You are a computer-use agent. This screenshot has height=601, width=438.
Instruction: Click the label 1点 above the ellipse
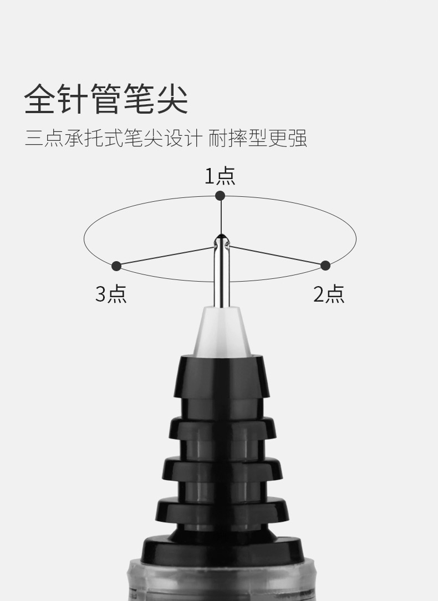pos(220,176)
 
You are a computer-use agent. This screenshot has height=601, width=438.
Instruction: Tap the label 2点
pos(329,294)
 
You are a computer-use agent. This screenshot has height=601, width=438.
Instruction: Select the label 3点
pos(111,294)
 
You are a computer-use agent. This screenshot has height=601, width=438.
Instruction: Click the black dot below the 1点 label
pos(220,195)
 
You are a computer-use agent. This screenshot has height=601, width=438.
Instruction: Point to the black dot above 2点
pos(325,266)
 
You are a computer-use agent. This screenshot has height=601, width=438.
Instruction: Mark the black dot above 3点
pos(116,266)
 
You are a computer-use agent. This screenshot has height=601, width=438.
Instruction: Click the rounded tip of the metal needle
pos(221,240)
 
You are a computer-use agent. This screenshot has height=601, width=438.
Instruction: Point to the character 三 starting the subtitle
pos(33,138)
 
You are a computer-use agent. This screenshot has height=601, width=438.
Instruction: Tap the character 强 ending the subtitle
pos(297,138)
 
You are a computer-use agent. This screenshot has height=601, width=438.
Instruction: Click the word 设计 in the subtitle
pos(181,138)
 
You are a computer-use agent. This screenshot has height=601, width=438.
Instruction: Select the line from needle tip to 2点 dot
pos(277,255)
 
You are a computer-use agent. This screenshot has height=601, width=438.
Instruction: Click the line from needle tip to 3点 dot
pos(166,256)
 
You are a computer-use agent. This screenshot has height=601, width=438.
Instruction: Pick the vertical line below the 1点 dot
pos(221,216)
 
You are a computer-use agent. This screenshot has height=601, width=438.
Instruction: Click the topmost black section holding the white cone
pos(221,377)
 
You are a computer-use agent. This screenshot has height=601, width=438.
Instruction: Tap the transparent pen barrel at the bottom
pos(221,582)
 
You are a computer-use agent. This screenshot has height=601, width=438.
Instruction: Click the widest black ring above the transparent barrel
pos(221,549)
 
